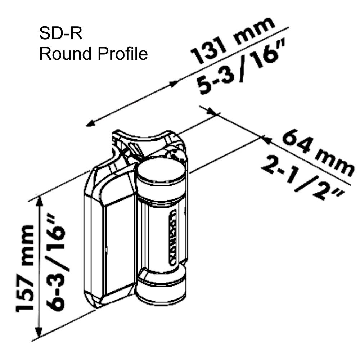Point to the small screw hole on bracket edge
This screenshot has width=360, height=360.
point(107,248)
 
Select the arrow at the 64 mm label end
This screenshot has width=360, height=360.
point(265,136)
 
